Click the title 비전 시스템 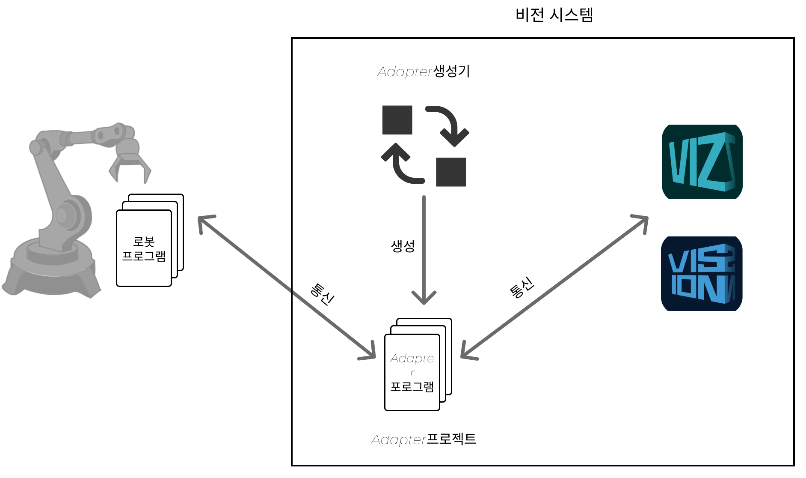(554, 15)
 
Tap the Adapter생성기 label (424, 71)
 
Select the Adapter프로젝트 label (424, 439)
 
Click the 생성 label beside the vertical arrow (403, 246)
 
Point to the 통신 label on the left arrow (322, 294)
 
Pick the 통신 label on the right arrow (522, 287)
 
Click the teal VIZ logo (702, 162)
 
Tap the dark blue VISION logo (702, 274)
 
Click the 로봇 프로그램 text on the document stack (144, 249)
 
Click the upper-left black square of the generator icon (397, 120)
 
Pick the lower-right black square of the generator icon (451, 172)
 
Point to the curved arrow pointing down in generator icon (449, 124)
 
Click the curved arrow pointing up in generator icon (400, 165)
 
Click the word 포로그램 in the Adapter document (412, 387)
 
